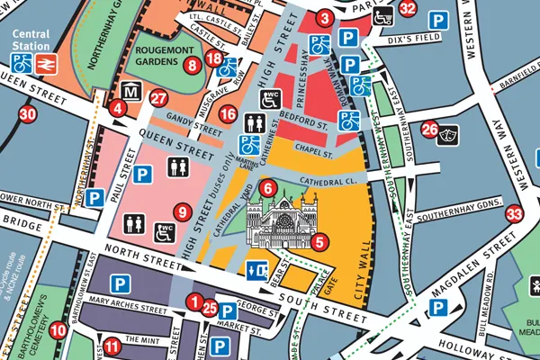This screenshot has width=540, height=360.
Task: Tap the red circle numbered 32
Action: point(408,10)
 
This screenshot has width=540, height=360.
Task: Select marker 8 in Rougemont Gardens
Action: point(192,65)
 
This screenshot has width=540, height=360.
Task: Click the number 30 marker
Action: point(28,114)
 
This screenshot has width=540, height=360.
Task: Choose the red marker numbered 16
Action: point(228,114)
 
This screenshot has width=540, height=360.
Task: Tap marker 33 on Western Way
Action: point(514,213)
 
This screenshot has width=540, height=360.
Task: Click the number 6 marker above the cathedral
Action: point(267,188)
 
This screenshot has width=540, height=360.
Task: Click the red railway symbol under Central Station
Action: point(44,62)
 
